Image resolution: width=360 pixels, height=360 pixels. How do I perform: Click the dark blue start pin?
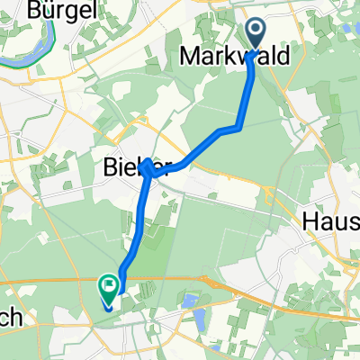pos(256,34)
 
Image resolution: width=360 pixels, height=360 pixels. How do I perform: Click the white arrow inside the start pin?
pos(256,31)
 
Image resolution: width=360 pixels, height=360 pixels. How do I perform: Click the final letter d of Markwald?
pos(284,58)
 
